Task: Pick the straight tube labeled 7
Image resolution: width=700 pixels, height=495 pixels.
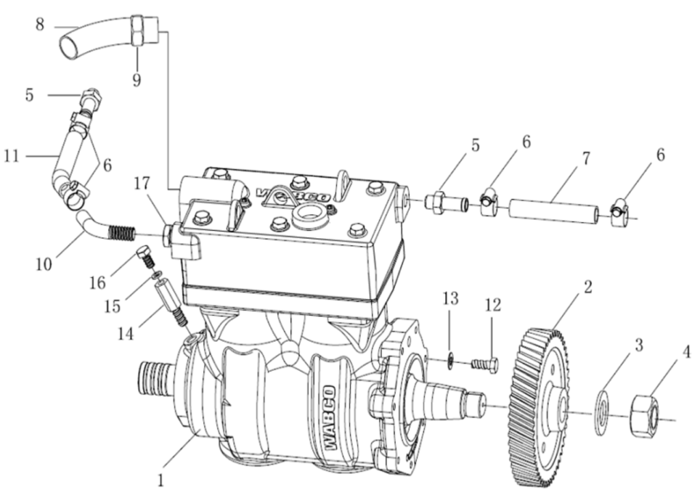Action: click(x=552, y=210)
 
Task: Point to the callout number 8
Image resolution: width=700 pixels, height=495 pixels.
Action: click(x=40, y=25)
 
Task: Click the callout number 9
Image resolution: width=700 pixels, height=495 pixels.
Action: click(x=137, y=81)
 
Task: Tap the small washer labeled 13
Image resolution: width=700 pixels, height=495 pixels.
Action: click(x=450, y=360)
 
